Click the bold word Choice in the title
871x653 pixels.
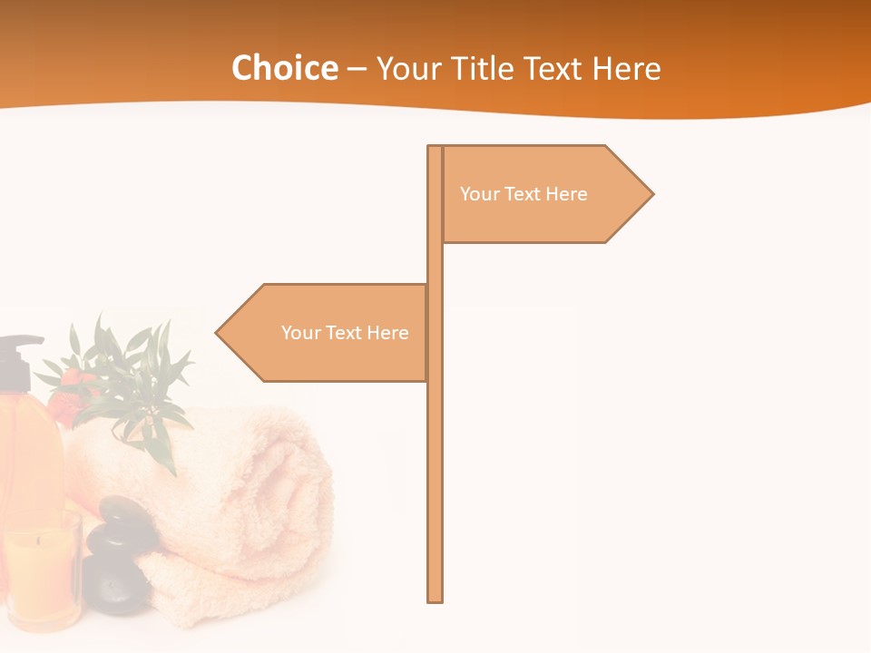[284, 68]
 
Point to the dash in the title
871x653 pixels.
[357, 69]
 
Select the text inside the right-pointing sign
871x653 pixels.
[524, 194]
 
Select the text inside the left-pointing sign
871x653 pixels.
[345, 333]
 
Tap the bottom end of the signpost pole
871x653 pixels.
[435, 598]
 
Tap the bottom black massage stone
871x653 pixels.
[113, 585]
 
